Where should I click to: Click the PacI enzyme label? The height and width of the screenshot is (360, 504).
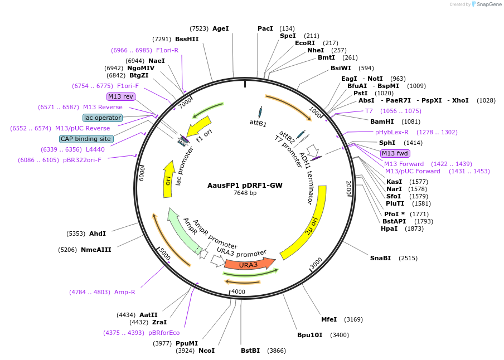click(265, 28)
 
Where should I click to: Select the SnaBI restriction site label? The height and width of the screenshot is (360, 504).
click(381, 258)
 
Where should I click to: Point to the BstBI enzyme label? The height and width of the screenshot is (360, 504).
click(250, 351)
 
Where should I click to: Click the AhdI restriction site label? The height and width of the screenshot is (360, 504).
click(98, 233)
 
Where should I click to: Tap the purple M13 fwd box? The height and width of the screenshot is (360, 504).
click(395, 153)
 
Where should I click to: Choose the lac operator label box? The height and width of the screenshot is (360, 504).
click(103, 118)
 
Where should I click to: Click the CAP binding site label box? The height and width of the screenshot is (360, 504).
click(86, 139)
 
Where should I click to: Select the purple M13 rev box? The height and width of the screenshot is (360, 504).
click(121, 96)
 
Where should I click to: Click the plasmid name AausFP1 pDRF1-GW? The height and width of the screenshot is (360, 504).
click(245, 185)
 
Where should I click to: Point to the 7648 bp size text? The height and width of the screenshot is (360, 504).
click(245, 193)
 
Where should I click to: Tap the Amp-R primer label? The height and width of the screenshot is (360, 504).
click(124, 292)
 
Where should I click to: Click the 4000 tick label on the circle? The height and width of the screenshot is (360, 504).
click(238, 291)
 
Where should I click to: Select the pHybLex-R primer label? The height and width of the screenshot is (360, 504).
click(391, 132)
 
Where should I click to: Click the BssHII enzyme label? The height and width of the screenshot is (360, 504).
click(187, 39)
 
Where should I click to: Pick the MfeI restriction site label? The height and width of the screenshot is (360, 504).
click(329, 319)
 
